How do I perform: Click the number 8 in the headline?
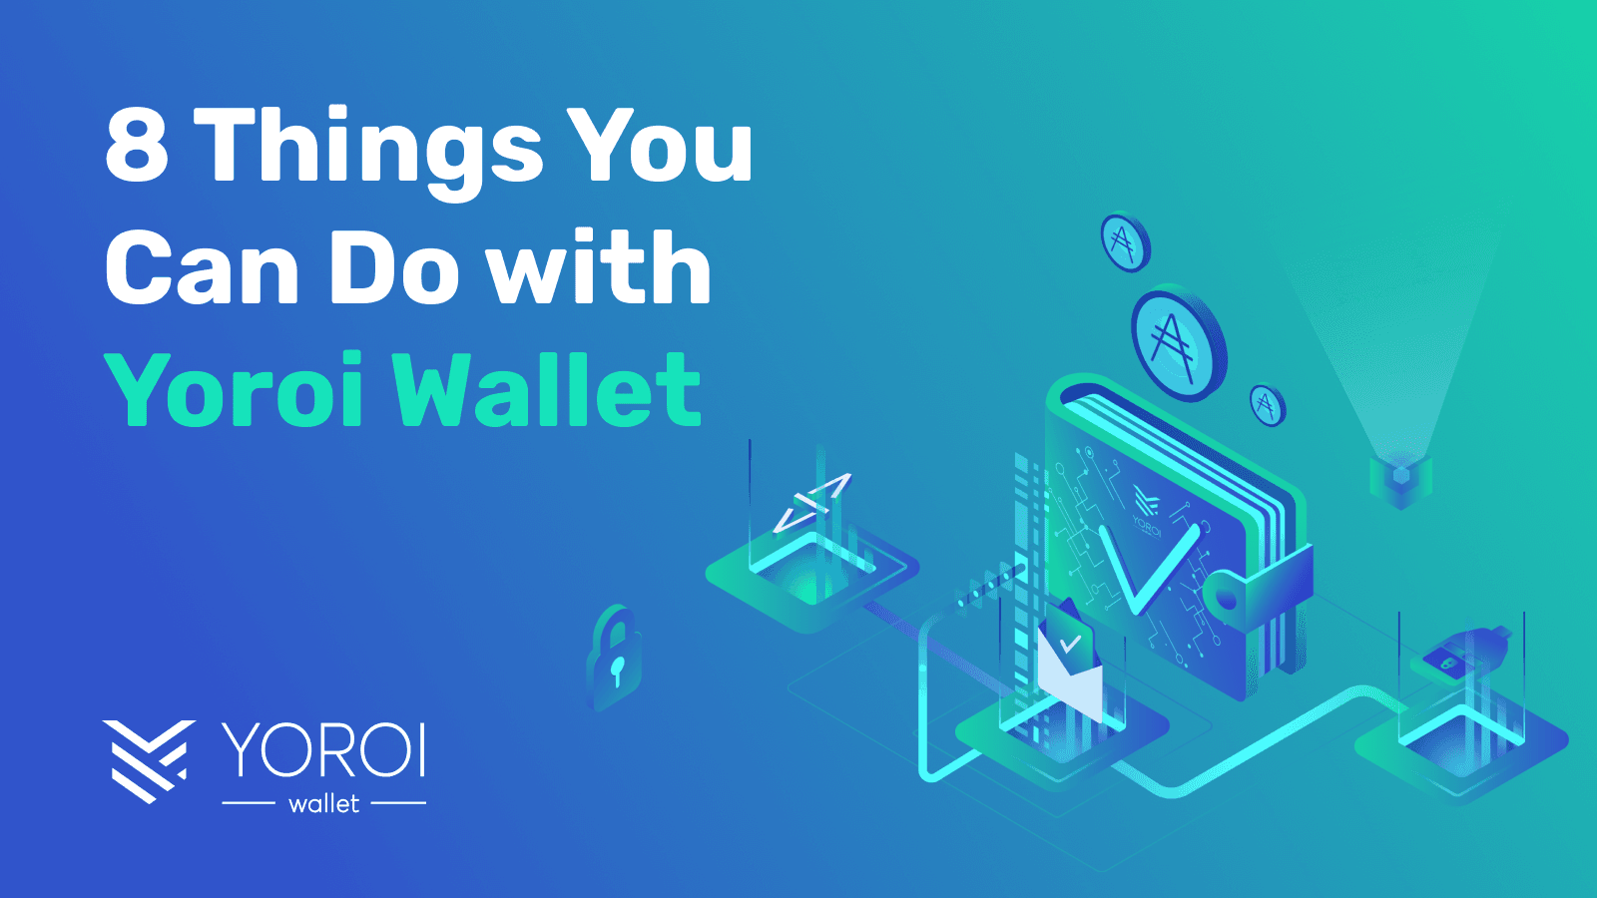tap(137, 146)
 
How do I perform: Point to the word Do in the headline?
tap(394, 268)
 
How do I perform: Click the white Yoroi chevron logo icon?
tap(148, 760)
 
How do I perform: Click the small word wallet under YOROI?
tap(323, 804)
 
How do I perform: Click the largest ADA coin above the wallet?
tap(1177, 342)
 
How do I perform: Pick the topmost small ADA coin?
tap(1125, 241)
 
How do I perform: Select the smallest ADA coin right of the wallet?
tap(1268, 405)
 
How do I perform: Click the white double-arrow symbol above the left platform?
tap(812, 501)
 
